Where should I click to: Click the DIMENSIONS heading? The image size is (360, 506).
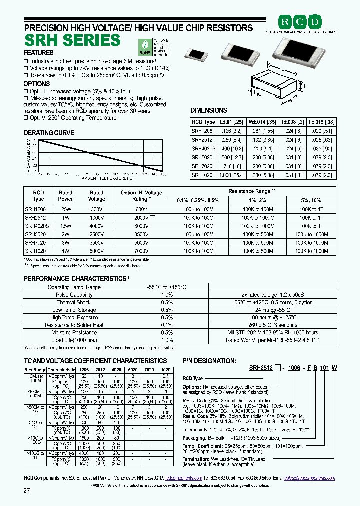tap(209, 110)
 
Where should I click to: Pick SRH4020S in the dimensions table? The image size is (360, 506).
tap(203, 148)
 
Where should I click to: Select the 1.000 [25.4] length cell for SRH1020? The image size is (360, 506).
tap(228, 175)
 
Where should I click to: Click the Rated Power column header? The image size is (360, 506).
tap(66, 196)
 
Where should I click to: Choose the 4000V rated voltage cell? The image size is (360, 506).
tap(97, 226)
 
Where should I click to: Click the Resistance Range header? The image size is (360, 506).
tap(252, 191)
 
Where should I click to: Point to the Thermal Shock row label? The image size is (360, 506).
tap(74, 302)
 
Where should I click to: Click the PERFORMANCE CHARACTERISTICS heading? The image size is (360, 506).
tap(75, 278)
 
